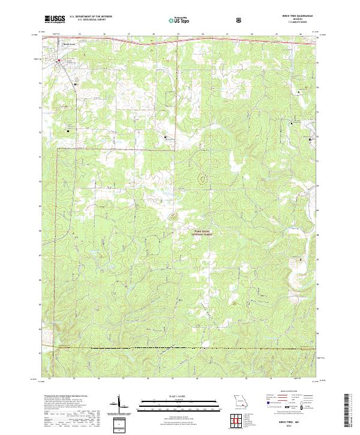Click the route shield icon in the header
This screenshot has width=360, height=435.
[x=239, y=20]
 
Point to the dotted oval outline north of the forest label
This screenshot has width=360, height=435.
[x=202, y=178]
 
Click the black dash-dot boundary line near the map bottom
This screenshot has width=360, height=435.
[x=180, y=348]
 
